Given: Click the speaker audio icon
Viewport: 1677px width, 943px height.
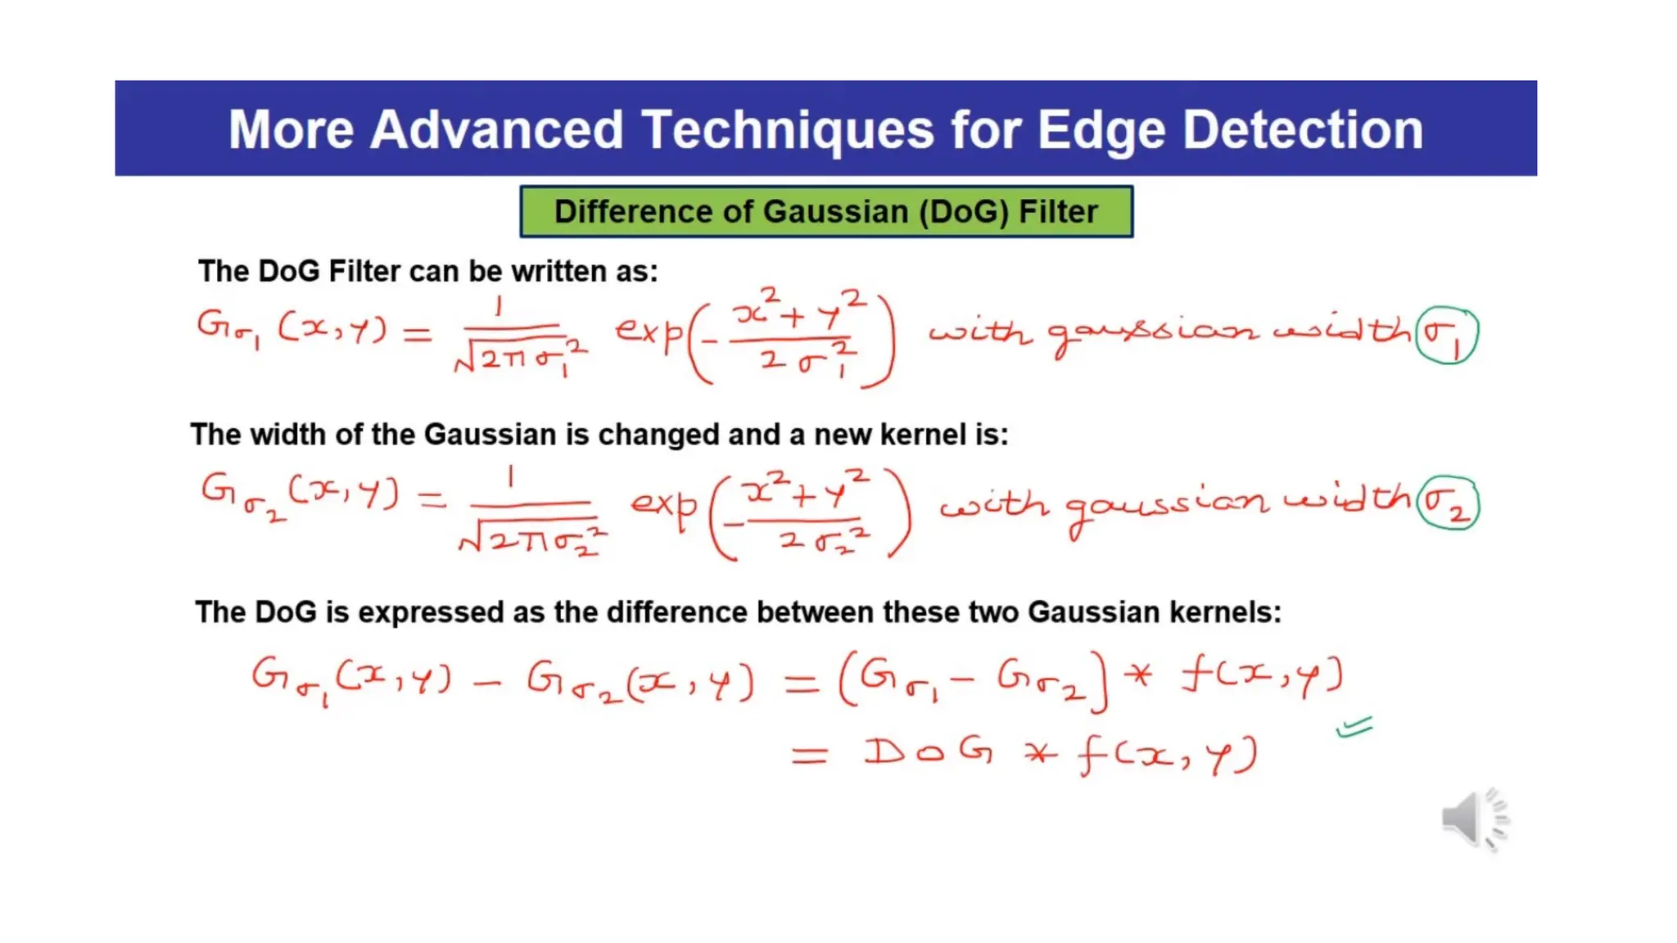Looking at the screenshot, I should [x=1474, y=819].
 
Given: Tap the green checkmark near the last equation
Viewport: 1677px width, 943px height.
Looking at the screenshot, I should [x=1354, y=727].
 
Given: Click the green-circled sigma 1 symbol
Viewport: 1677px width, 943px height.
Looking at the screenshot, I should [x=1447, y=334].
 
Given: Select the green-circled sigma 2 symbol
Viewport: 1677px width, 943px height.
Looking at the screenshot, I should [x=1448, y=503].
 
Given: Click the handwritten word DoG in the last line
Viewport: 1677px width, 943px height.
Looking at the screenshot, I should [x=929, y=751].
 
